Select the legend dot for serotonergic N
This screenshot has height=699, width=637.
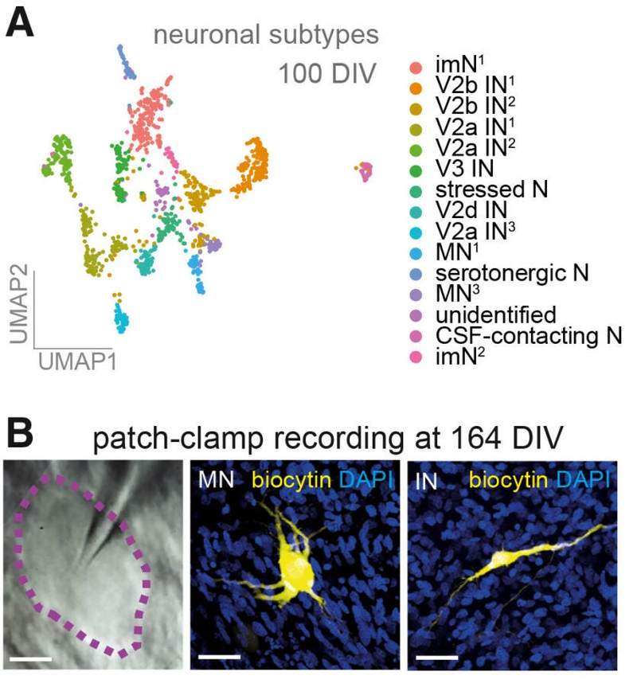(416, 274)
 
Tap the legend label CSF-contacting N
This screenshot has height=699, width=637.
(529, 336)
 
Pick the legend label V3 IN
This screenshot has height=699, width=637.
(464, 168)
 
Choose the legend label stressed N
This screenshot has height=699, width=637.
(491, 189)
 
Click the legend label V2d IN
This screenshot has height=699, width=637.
(471, 210)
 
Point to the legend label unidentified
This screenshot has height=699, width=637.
(496, 314)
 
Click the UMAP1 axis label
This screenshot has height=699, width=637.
(77, 361)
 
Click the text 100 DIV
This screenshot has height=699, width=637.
(327, 73)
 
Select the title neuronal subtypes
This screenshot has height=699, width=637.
(266, 36)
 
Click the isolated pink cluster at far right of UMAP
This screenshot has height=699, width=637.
(365, 171)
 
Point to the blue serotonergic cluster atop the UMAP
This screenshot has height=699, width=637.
(127, 63)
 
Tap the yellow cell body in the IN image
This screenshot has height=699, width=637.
(504, 557)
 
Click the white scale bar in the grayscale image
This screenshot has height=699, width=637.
(30, 658)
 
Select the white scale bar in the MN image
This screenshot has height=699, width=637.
(219, 657)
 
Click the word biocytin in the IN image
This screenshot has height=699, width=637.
(508, 480)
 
